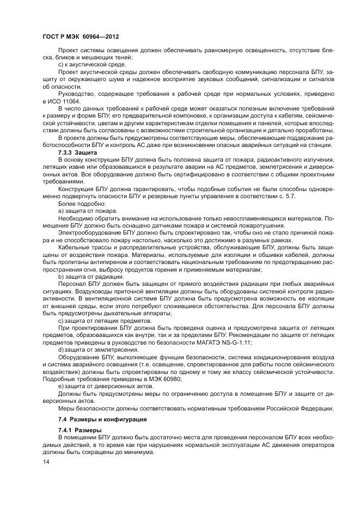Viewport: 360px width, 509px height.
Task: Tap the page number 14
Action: [46, 462]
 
